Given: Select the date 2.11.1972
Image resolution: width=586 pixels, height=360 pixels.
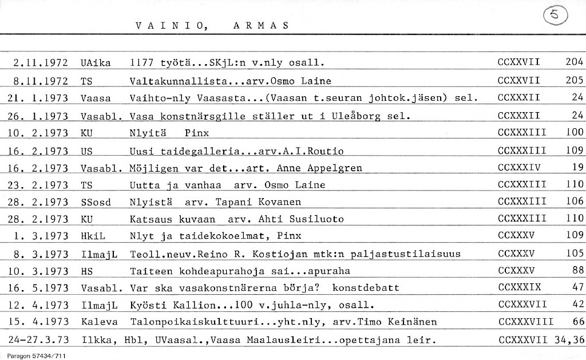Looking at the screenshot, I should (x=41, y=62).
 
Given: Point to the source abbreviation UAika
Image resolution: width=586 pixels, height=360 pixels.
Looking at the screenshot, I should (x=96, y=62).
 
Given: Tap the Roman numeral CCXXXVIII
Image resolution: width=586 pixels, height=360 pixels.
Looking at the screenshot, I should (x=525, y=322).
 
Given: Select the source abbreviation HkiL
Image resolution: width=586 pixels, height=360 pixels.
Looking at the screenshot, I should (x=94, y=235).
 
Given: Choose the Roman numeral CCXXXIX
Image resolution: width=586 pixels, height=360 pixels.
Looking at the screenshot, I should (x=520, y=287).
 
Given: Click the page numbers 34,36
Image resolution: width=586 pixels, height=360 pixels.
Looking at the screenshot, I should (x=569, y=340).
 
